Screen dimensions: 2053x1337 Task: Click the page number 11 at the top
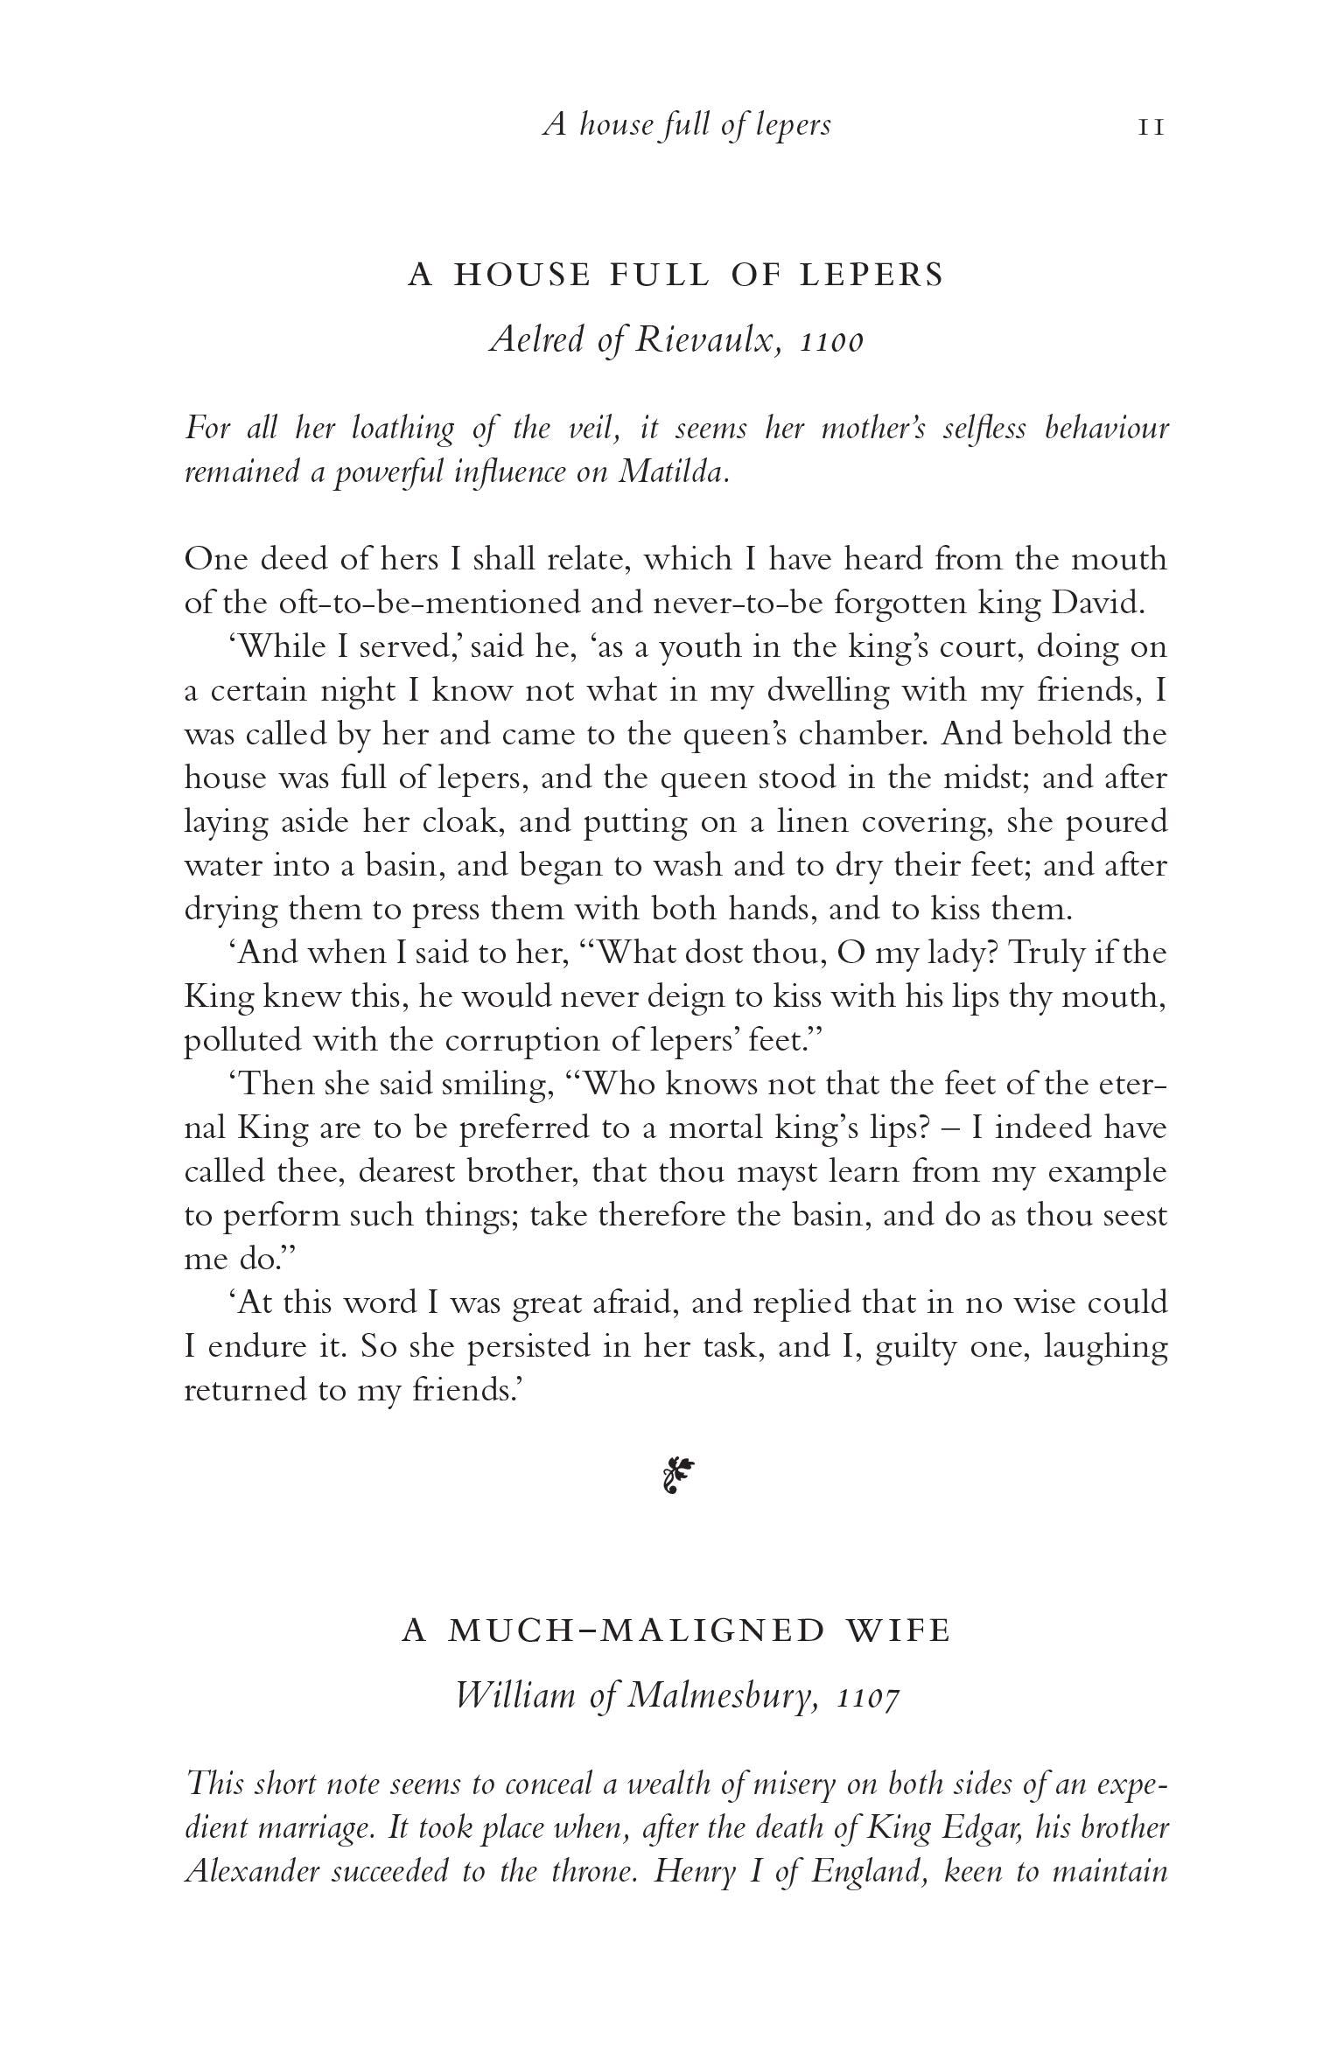tap(1151, 128)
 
